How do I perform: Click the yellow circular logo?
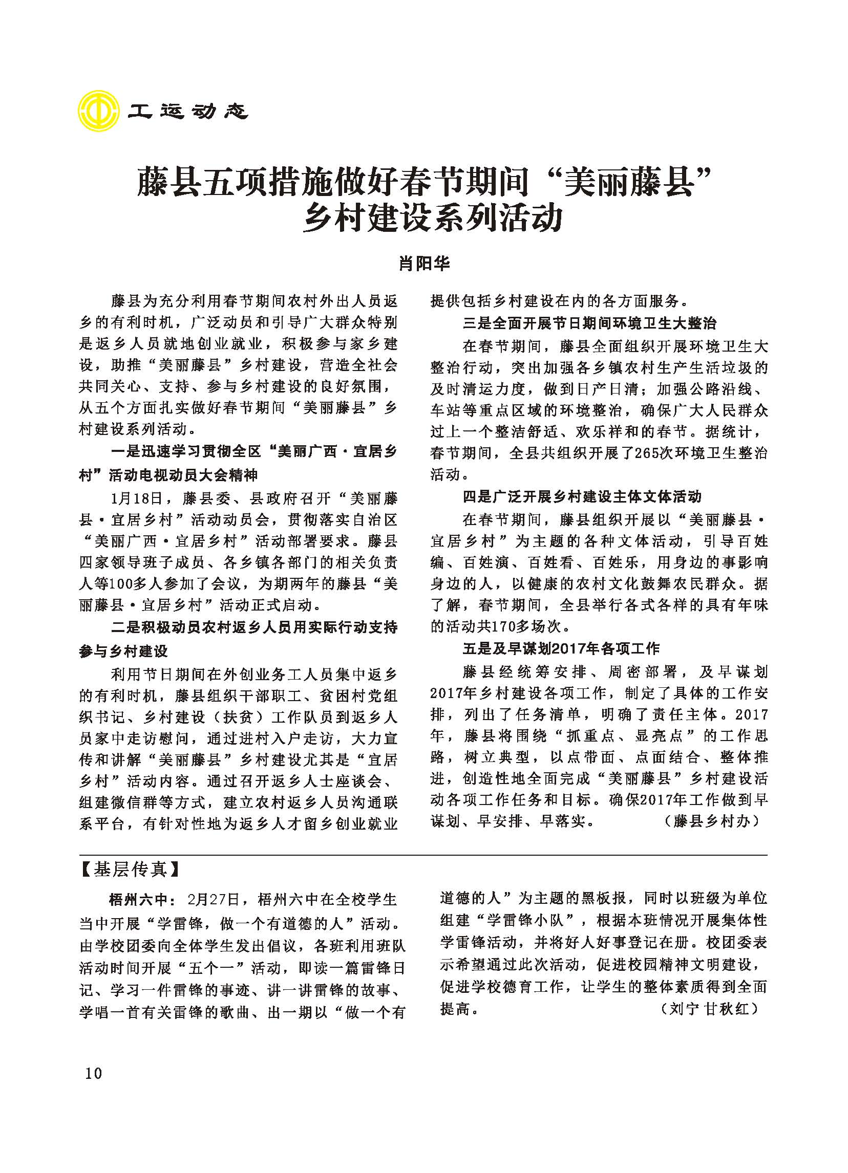click(98, 111)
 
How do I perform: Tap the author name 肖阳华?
click(423, 264)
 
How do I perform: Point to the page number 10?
click(93, 1073)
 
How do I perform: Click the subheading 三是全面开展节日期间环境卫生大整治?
click(589, 324)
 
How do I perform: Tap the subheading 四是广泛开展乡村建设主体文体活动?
click(582, 497)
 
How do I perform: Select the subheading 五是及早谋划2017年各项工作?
click(561, 648)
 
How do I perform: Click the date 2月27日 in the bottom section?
click(214, 899)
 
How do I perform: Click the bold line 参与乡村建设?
click(123, 651)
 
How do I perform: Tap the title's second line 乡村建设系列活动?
click(433, 219)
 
